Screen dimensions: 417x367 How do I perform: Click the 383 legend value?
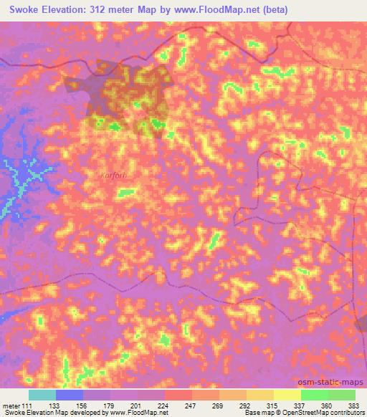(355, 406)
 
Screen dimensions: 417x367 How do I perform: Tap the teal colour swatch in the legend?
(42, 395)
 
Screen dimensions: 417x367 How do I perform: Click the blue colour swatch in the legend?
(70, 395)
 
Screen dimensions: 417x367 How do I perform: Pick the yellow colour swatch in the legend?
(287, 395)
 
